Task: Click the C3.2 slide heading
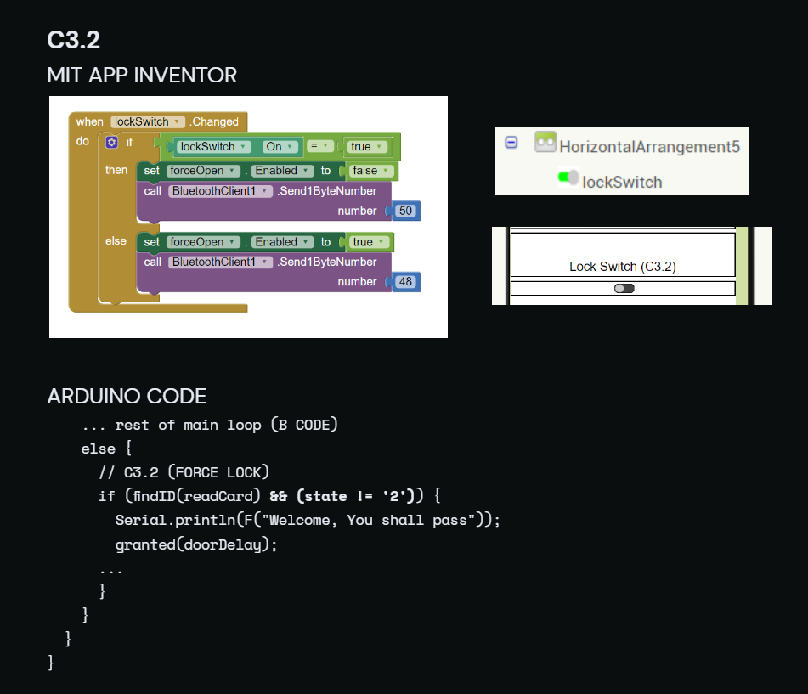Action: [x=73, y=40]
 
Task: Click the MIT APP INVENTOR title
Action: [x=142, y=76]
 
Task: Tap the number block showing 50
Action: [x=405, y=211]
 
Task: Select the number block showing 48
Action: [x=405, y=282]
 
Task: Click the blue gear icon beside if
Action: [x=112, y=142]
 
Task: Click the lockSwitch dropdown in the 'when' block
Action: [x=147, y=121]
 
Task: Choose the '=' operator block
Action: [x=319, y=146]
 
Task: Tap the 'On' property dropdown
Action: [x=280, y=147]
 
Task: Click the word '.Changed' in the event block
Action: [x=214, y=121]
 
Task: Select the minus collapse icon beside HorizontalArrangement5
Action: [x=511, y=142]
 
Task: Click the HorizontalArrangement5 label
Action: [x=649, y=147]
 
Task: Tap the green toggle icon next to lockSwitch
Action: [x=568, y=178]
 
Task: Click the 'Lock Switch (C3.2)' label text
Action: [x=623, y=267]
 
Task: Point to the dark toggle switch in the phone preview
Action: [x=624, y=289]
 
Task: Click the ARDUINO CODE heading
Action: [x=127, y=396]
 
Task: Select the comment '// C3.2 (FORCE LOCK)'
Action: [x=184, y=472]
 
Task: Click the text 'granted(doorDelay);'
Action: [x=196, y=544]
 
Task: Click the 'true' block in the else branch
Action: [x=368, y=242]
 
